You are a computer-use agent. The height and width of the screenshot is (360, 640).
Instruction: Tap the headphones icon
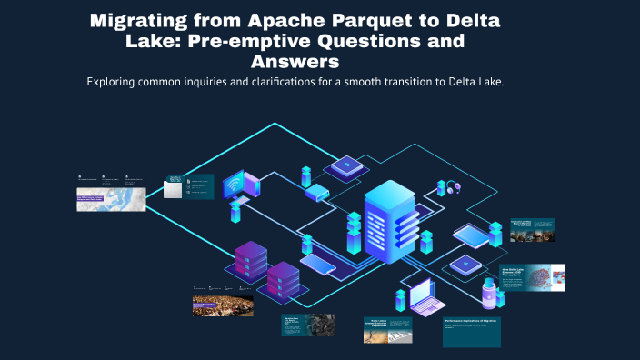tap(452, 187)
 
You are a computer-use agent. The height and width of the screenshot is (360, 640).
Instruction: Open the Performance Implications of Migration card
tap(471, 332)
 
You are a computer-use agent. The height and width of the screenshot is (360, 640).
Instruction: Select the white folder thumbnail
tap(172, 189)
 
